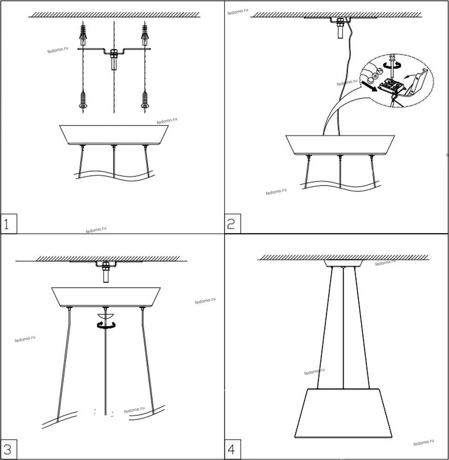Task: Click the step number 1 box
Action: pos(8,224)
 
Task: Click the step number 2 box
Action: pos(233,224)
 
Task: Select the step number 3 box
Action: pos(8,449)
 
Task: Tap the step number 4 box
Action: pos(233,449)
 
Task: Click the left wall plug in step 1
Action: pos(83,34)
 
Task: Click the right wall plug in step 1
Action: pos(145,34)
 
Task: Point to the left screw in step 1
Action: pos(83,100)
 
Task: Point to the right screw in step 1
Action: pos(145,100)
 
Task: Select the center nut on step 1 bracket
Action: pos(114,54)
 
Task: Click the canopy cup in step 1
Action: pos(114,135)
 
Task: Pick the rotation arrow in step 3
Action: pos(106,324)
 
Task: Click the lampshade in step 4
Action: pos(343,414)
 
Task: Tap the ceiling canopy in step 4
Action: pos(343,263)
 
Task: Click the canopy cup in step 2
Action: pos(340,145)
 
